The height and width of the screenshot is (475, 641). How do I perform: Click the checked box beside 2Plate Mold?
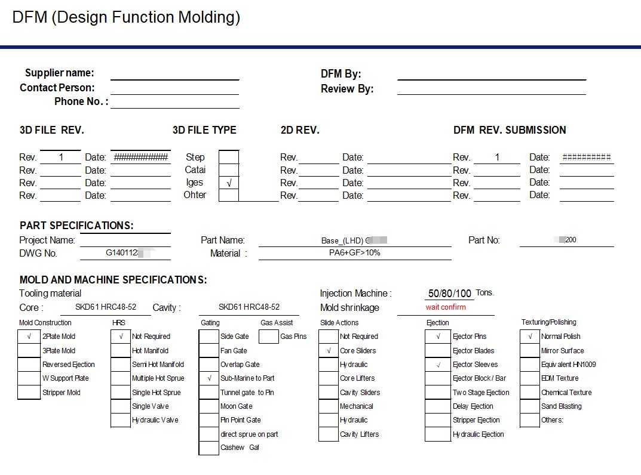[x=29, y=337]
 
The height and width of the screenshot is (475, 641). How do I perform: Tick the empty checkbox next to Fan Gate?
[x=208, y=351]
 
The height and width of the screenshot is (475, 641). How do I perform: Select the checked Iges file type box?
[x=229, y=183]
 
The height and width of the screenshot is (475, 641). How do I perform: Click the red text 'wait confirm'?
[x=446, y=307]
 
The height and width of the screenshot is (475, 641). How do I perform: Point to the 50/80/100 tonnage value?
[x=450, y=294]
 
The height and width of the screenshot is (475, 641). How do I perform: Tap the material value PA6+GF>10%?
[x=354, y=253]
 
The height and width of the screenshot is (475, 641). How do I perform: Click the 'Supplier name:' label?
[x=59, y=73]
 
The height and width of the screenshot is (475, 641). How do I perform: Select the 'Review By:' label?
[x=347, y=89]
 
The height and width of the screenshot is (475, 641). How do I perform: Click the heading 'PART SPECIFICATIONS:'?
[x=76, y=226]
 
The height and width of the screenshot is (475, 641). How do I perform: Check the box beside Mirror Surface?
[x=529, y=351]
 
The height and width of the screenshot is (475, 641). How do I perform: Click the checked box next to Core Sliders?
[x=329, y=351]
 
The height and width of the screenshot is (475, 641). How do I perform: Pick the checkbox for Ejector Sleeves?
[x=438, y=365]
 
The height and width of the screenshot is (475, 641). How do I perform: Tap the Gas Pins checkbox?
[x=268, y=337]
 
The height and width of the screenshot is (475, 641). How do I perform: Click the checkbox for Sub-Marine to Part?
[x=208, y=378]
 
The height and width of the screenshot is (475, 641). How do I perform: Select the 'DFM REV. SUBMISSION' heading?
[x=510, y=130]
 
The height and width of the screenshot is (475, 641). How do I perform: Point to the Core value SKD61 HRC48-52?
[x=105, y=307]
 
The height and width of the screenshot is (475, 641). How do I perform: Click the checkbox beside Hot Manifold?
[x=121, y=351]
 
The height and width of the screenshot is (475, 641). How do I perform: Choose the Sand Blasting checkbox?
[x=529, y=406]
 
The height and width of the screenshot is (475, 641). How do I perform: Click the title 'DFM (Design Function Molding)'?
[x=126, y=17]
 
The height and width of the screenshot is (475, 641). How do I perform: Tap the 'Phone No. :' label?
[x=81, y=101]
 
